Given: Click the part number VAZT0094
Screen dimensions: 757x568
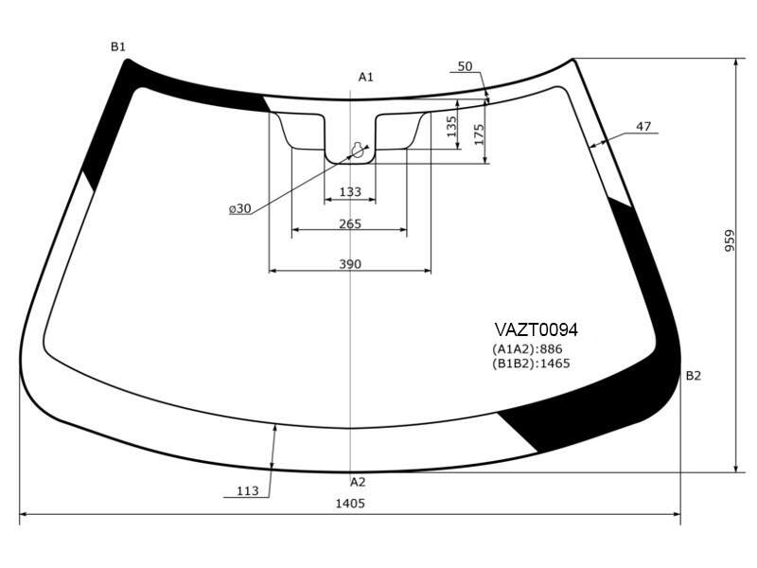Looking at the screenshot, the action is [536, 329].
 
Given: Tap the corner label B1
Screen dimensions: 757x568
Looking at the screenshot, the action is [118, 46].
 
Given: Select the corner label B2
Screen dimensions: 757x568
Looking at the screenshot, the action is [694, 376].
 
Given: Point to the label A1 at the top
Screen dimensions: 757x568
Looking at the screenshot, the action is [365, 77].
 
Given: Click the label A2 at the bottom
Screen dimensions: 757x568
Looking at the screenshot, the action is [358, 482].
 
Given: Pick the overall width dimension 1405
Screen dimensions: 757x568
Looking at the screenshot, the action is [350, 504].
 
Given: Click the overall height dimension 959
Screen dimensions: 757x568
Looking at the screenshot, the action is [729, 240].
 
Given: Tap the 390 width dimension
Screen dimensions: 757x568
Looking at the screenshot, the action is [350, 264].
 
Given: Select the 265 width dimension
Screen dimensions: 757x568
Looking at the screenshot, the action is [350, 223].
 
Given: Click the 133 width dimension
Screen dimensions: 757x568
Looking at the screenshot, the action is [350, 192].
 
